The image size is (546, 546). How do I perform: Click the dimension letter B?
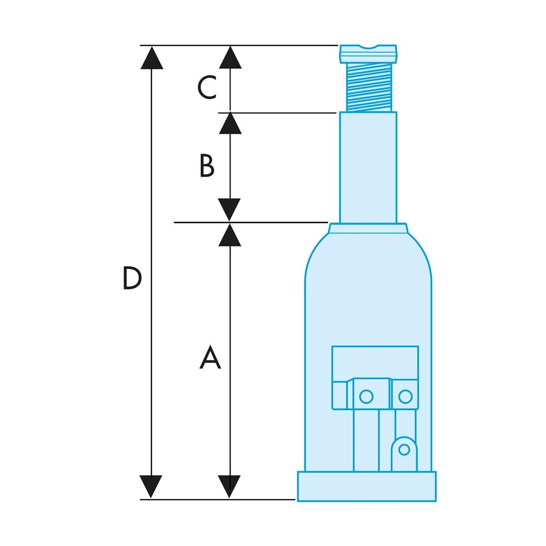(207, 166)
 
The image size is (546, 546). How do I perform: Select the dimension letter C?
(207, 87)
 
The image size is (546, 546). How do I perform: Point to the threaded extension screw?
(369, 87)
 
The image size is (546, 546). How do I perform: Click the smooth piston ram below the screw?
(369, 167)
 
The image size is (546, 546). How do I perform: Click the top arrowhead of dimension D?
(152, 57)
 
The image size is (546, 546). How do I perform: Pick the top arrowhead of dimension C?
(230, 57)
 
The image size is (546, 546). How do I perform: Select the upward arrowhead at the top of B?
(230, 123)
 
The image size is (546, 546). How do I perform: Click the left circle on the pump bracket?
(366, 396)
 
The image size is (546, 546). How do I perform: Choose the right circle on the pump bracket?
(405, 396)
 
